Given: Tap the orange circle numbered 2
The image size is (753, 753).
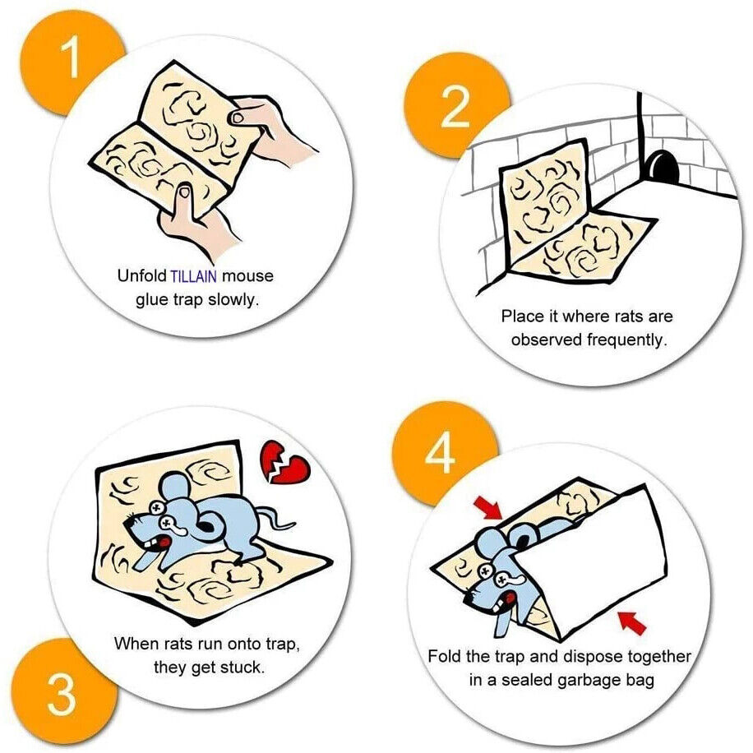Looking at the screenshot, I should point(454,107).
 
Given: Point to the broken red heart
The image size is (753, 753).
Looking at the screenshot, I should point(285,465).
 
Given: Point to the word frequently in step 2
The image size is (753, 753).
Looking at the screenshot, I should point(624,340).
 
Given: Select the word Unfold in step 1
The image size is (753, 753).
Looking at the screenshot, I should point(141,276).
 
